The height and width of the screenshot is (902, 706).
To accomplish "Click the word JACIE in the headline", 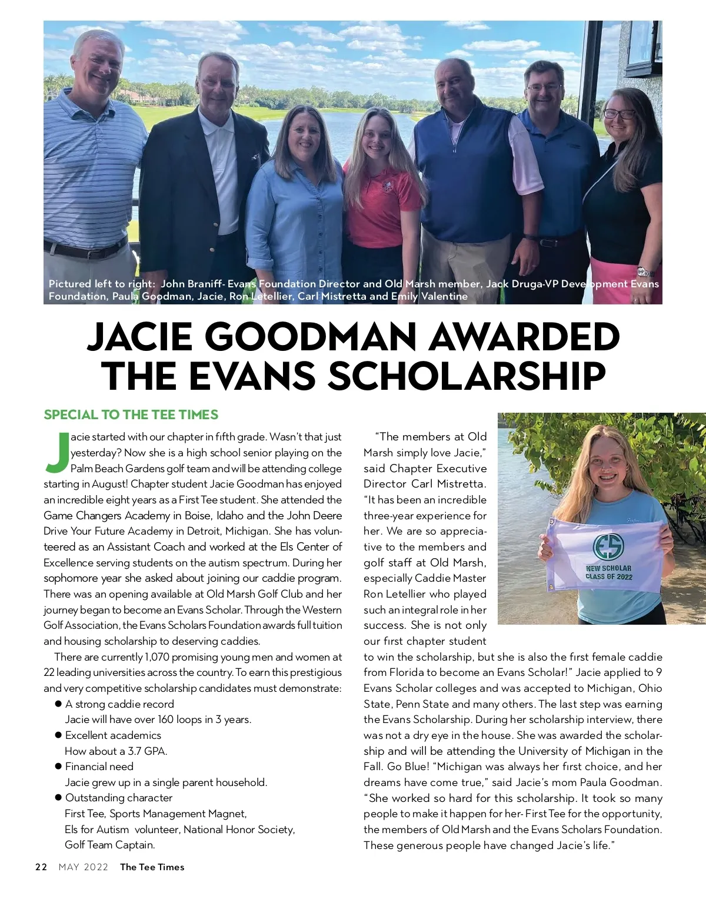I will (x=139, y=338).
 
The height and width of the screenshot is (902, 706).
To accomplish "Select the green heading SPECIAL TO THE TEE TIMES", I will (x=131, y=414).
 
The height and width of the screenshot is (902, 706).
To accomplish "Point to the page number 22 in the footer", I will (x=41, y=867).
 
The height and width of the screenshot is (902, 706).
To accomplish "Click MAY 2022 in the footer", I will (x=84, y=867).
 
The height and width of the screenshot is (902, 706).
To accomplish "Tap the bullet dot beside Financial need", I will (x=58, y=766).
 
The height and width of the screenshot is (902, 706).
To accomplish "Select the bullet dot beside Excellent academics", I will (x=58, y=735).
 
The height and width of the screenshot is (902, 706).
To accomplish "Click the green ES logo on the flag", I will (x=608, y=548).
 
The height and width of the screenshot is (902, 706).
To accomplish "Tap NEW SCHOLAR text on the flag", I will (x=608, y=568).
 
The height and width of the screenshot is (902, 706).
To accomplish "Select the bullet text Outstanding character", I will (x=119, y=798).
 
